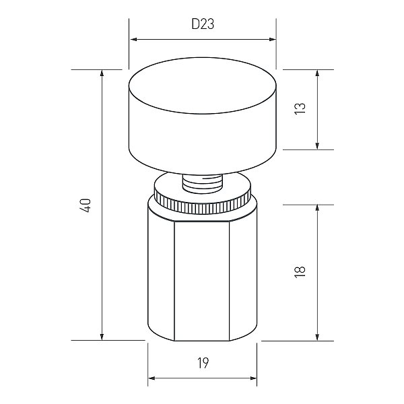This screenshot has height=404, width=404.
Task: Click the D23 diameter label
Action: click(203, 24)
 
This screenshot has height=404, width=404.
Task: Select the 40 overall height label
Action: click(86, 205)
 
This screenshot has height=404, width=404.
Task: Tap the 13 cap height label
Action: click(300, 108)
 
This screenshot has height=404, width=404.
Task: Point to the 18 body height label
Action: click(300, 271)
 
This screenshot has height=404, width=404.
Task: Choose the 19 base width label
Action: click(203, 364)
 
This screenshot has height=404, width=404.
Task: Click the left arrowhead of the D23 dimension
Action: click(134, 40)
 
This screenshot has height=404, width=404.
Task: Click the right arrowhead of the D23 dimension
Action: click(272, 40)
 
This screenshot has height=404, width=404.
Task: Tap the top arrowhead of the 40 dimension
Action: click(102, 73)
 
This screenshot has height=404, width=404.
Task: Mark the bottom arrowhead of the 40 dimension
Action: click(102, 337)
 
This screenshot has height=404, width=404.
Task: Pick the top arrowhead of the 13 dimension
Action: click(317, 73)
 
